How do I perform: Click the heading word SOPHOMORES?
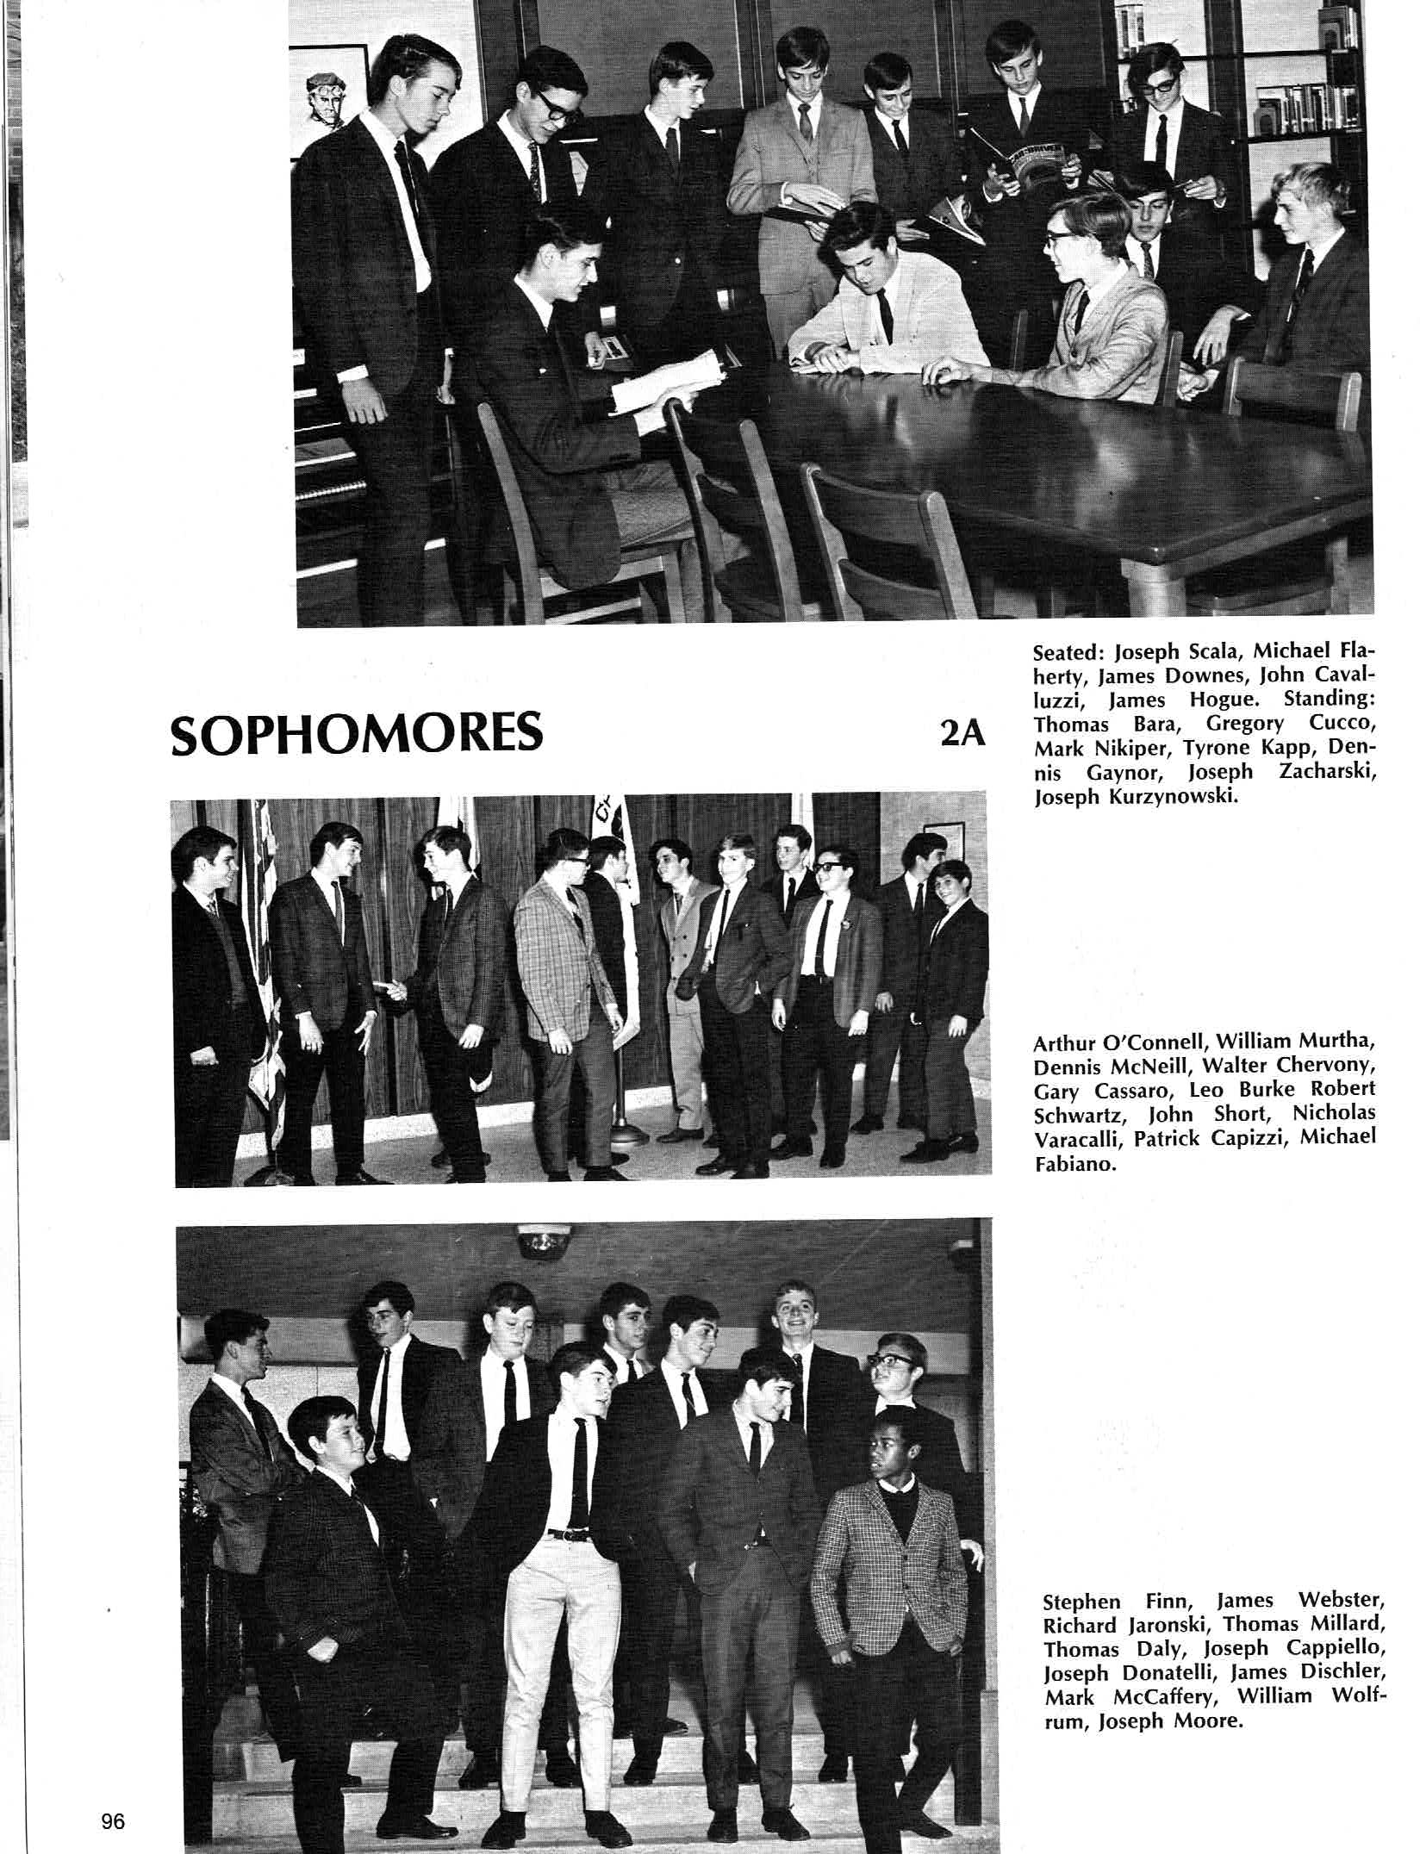coord(357,732)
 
